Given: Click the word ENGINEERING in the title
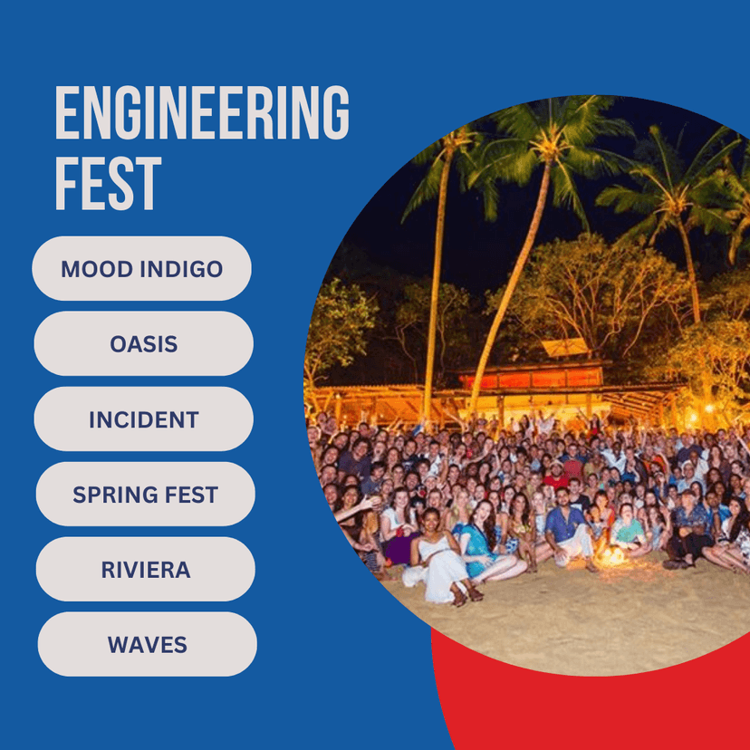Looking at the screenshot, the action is pyautogui.click(x=202, y=112).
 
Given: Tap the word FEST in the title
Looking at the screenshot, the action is pyautogui.click(x=108, y=184).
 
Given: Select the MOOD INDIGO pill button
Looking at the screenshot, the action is pyautogui.click(x=141, y=268).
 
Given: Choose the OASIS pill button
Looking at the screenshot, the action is pyautogui.click(x=143, y=343).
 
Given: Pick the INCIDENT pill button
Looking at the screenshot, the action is pyautogui.click(x=143, y=419).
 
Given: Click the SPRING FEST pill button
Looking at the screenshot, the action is pyautogui.click(x=146, y=494).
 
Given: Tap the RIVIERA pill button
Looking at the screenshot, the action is pyautogui.click(x=146, y=569).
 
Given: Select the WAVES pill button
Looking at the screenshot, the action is pyautogui.click(x=148, y=644).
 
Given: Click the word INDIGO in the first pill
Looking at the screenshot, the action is pyautogui.click(x=182, y=269).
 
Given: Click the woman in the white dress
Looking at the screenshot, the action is pyautogui.click(x=440, y=557).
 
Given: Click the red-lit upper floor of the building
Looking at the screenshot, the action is pyautogui.click(x=531, y=378).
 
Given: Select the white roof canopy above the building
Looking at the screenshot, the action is pyautogui.click(x=565, y=347).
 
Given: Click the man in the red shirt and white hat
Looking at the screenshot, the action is pyautogui.click(x=556, y=475).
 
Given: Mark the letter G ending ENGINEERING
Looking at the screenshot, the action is pyautogui.click(x=336, y=112).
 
